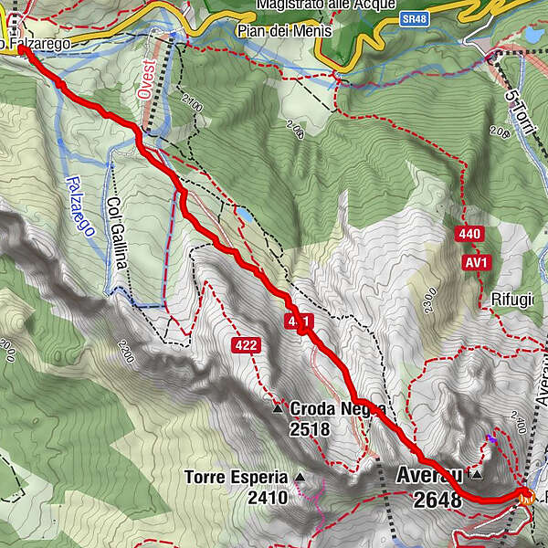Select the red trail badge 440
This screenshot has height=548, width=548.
pyautogui.click(x=469, y=235)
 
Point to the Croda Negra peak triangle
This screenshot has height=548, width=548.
pyautogui.click(x=278, y=409)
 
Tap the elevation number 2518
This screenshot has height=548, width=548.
pyautogui.click(x=310, y=428)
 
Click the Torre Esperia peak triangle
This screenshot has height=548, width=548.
pyautogui.click(x=299, y=478)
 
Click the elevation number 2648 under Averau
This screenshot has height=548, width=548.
pyautogui.click(x=437, y=500)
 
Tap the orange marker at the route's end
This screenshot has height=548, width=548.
pyautogui.click(x=525, y=497)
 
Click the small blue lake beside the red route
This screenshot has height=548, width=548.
pyautogui.click(x=246, y=216)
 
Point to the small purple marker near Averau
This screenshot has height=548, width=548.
pyautogui.click(x=491, y=439)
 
